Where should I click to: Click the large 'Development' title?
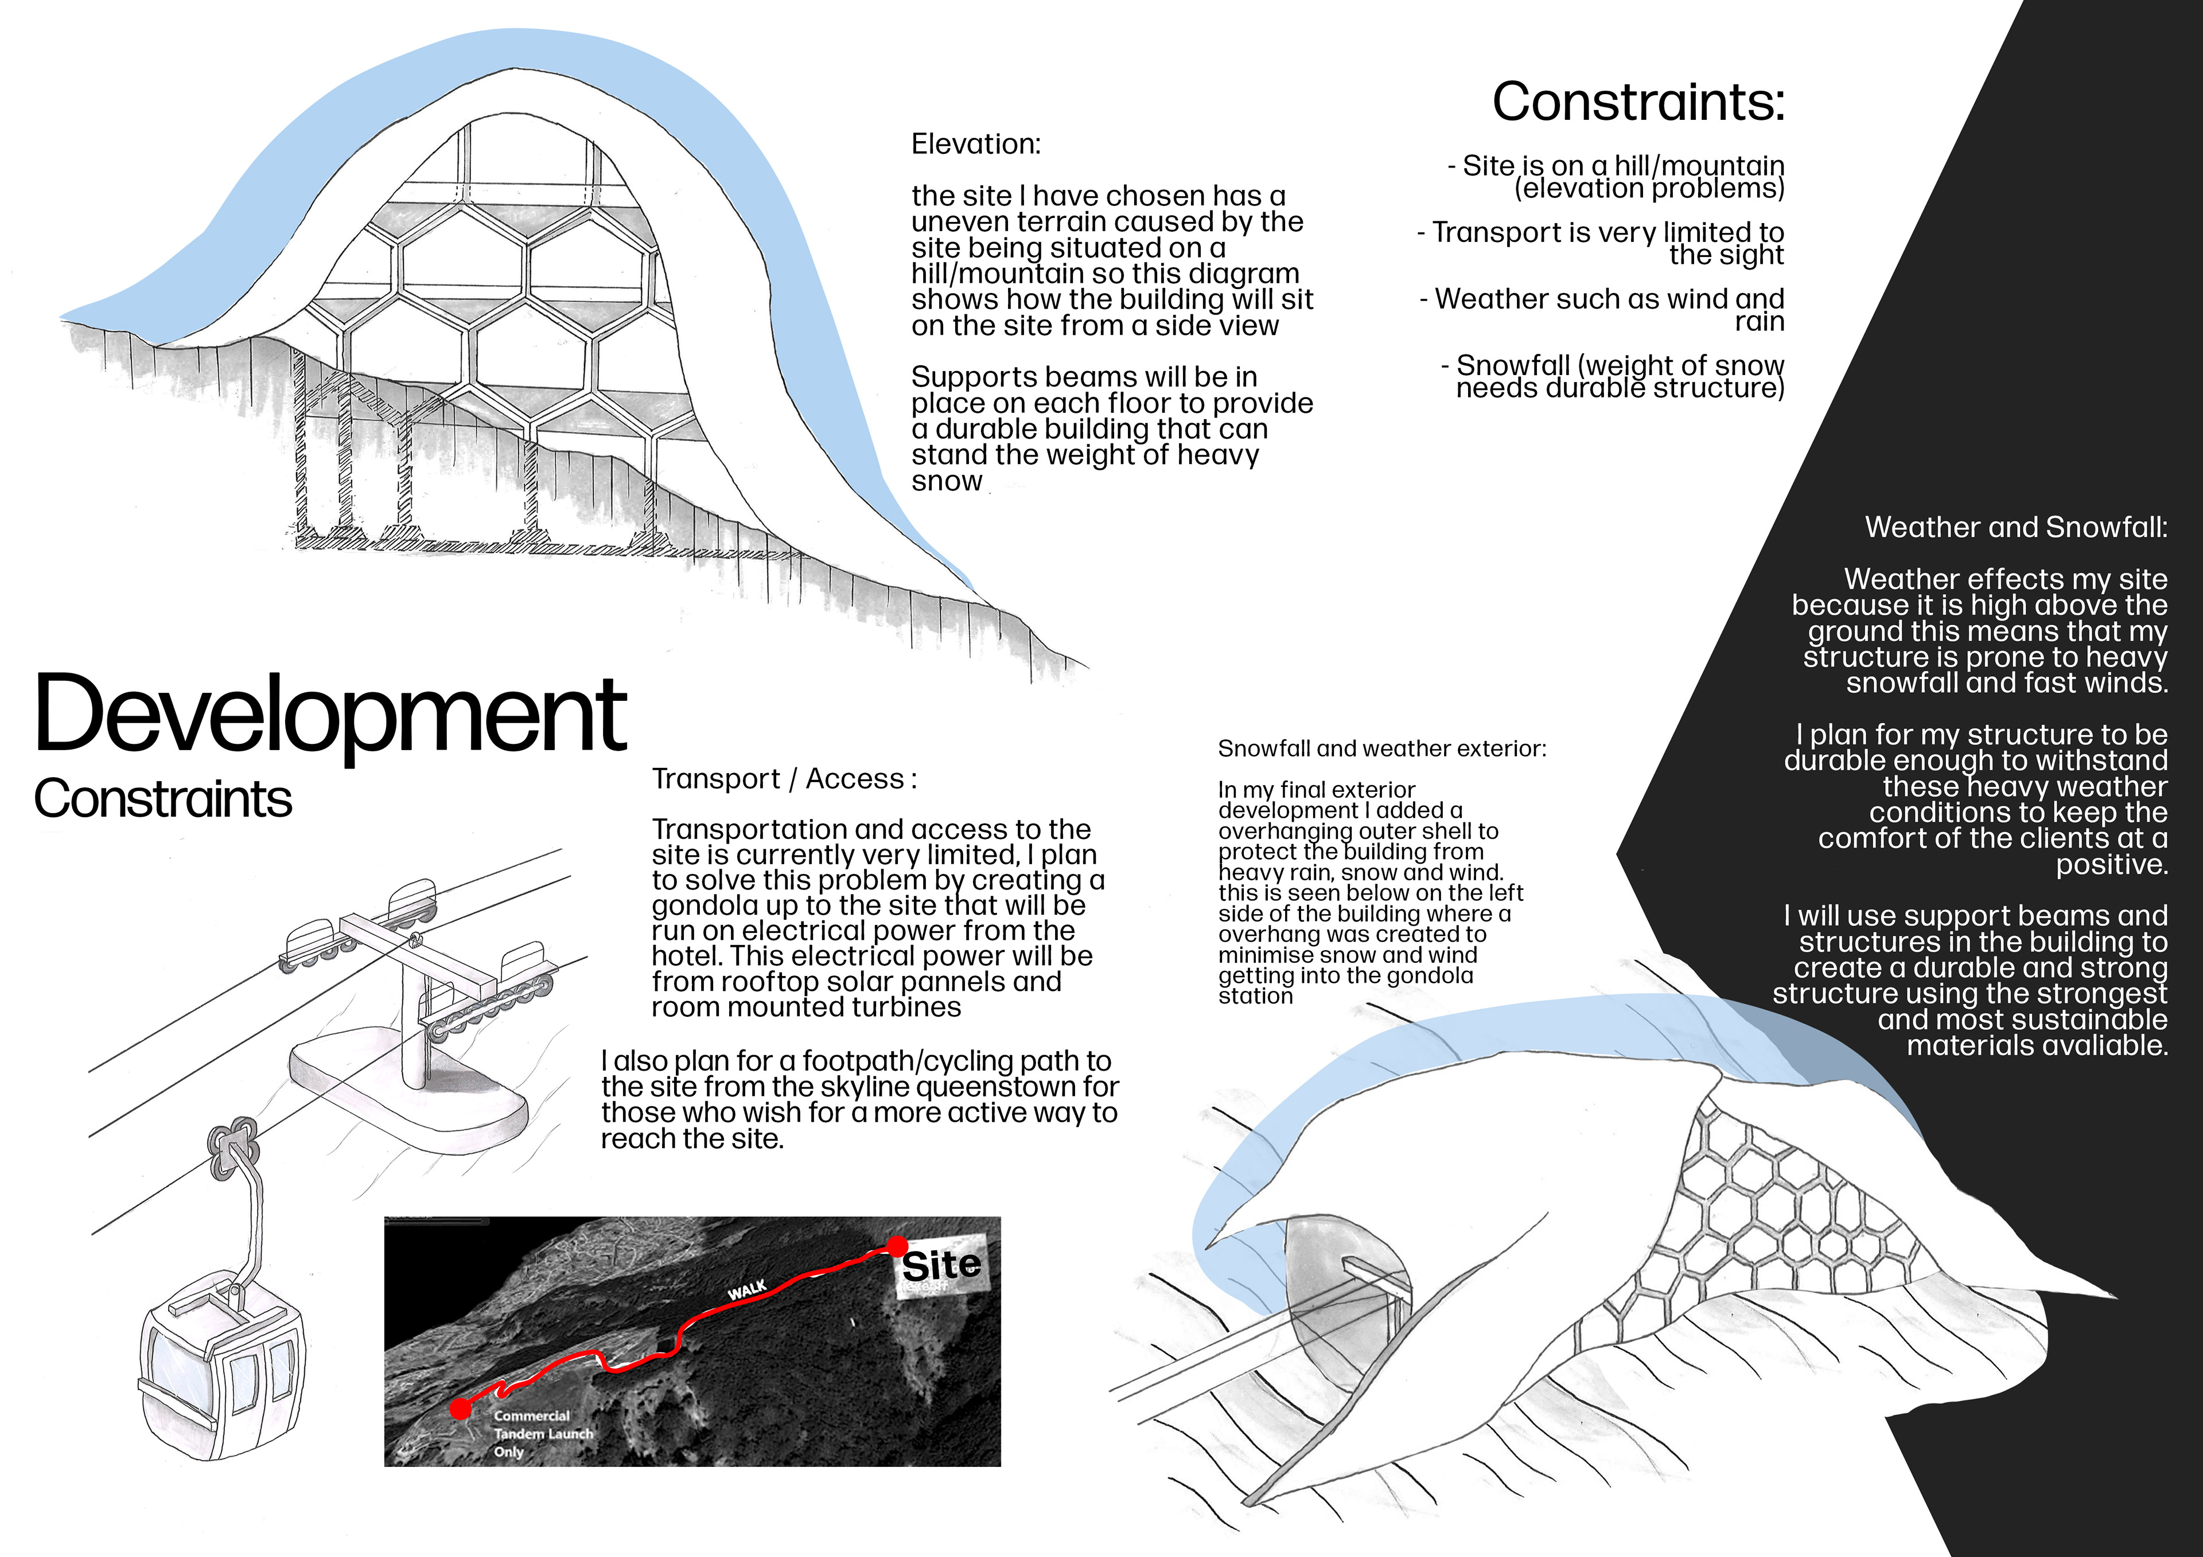[x=330, y=715]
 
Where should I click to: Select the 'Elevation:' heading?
[x=975, y=144]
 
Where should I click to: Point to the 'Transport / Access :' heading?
[x=784, y=779]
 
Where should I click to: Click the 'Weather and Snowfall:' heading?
[x=2015, y=526]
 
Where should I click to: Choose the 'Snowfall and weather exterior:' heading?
[x=1381, y=748]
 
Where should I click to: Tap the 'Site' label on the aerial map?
[x=940, y=1266]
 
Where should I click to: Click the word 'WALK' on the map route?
[x=746, y=1290]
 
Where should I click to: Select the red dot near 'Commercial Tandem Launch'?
[x=461, y=1408]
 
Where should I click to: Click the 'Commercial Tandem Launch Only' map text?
[x=542, y=1433]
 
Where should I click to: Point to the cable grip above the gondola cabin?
[x=230, y=1142]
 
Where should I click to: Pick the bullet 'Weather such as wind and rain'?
[x=1602, y=309]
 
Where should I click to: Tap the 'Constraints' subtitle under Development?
[x=163, y=799]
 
